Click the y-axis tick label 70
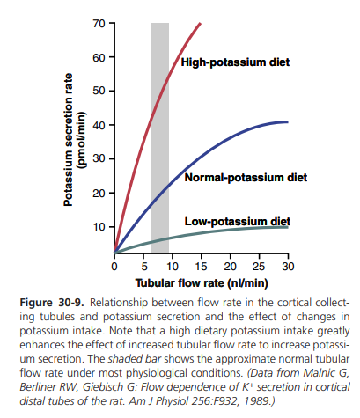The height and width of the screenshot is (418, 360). click(99, 24)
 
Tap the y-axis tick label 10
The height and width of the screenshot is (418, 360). click(99, 227)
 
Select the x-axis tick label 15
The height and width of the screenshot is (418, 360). click(202, 267)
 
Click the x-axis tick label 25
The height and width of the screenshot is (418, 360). click(259, 267)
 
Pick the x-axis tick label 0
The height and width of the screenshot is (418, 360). click(114, 267)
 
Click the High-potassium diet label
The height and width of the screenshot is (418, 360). click(235, 62)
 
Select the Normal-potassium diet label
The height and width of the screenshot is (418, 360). click(246, 178)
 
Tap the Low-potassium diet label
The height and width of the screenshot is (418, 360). click(238, 222)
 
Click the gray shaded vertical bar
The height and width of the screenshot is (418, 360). click(160, 138)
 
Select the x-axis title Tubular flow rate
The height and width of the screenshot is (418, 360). click(202, 283)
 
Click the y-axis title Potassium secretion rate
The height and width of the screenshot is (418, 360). click(69, 140)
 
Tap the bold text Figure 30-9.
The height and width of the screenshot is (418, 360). click(52, 303)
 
